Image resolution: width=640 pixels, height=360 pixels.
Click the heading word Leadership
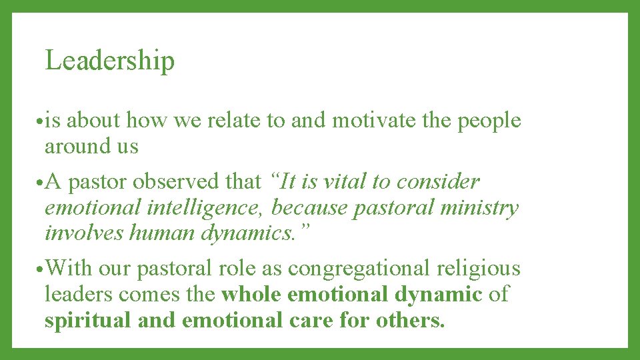click(x=109, y=61)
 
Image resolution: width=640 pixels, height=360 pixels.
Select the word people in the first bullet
click(x=489, y=121)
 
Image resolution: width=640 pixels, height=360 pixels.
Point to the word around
click(x=73, y=147)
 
